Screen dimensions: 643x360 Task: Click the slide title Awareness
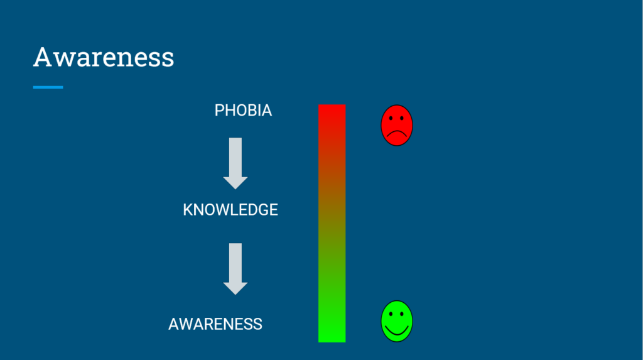pyautogui.click(x=104, y=57)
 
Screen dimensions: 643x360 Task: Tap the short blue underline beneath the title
pyautogui.click(x=48, y=87)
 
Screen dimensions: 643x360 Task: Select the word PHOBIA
pyautogui.click(x=243, y=111)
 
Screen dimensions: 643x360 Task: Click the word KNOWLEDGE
pyautogui.click(x=230, y=210)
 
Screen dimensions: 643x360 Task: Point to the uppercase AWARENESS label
pyautogui.click(x=215, y=324)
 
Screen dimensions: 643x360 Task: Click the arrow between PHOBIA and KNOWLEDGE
pyautogui.click(x=235, y=163)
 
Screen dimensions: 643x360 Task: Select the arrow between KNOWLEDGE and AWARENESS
pyautogui.click(x=235, y=269)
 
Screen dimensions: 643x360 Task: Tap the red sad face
pyautogui.click(x=397, y=125)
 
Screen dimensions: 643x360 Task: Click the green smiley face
pyautogui.click(x=397, y=321)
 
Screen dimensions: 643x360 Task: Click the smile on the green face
pyautogui.click(x=397, y=331)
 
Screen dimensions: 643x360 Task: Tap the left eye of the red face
pyautogui.click(x=391, y=118)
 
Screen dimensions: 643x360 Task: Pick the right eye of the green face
pyautogui.click(x=402, y=314)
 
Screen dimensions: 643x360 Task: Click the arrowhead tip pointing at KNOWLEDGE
pyautogui.click(x=235, y=189)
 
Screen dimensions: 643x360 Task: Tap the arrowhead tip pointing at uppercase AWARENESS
pyautogui.click(x=235, y=294)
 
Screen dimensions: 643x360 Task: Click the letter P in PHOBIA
pyautogui.click(x=219, y=111)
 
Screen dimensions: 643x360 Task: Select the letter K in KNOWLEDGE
pyautogui.click(x=188, y=210)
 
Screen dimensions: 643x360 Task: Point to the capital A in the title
pyautogui.click(x=43, y=57)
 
